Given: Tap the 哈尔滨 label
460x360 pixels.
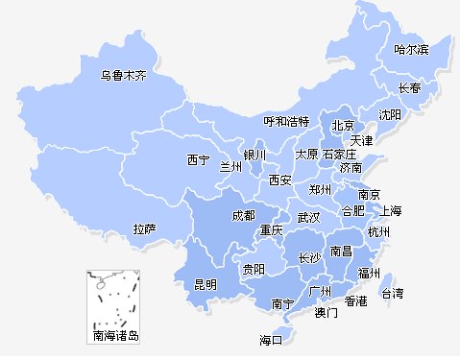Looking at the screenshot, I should click(411, 49).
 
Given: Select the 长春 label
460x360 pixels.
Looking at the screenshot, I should click(409, 88).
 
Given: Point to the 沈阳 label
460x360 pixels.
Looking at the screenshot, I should click(390, 114).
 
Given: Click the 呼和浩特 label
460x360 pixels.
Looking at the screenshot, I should click(287, 122).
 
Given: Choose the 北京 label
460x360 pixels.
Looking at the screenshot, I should click(343, 126).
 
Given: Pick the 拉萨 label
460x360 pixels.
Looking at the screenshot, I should click(144, 229).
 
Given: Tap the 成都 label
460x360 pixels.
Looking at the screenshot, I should click(244, 216).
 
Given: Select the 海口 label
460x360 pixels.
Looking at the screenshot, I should click(272, 340).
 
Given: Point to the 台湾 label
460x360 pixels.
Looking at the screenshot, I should click(394, 293).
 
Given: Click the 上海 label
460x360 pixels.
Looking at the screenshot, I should click(391, 210).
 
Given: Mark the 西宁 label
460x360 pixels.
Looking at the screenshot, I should click(198, 160).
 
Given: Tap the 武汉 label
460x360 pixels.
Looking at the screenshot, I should click(308, 218).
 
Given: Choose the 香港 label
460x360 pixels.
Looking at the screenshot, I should click(356, 301).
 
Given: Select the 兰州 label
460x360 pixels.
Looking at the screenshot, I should click(231, 167).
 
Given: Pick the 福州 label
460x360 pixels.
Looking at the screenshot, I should click(369, 273).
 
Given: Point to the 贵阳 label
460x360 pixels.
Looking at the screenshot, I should click(254, 270).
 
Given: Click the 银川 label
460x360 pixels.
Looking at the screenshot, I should click(254, 155).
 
